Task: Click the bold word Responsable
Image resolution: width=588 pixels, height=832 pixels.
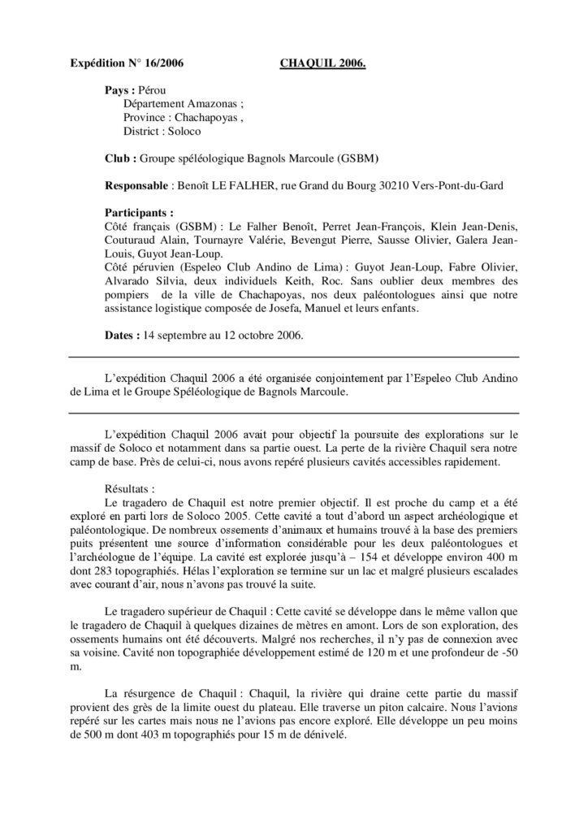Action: point(137,185)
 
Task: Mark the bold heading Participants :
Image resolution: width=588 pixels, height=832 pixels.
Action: point(140,212)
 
